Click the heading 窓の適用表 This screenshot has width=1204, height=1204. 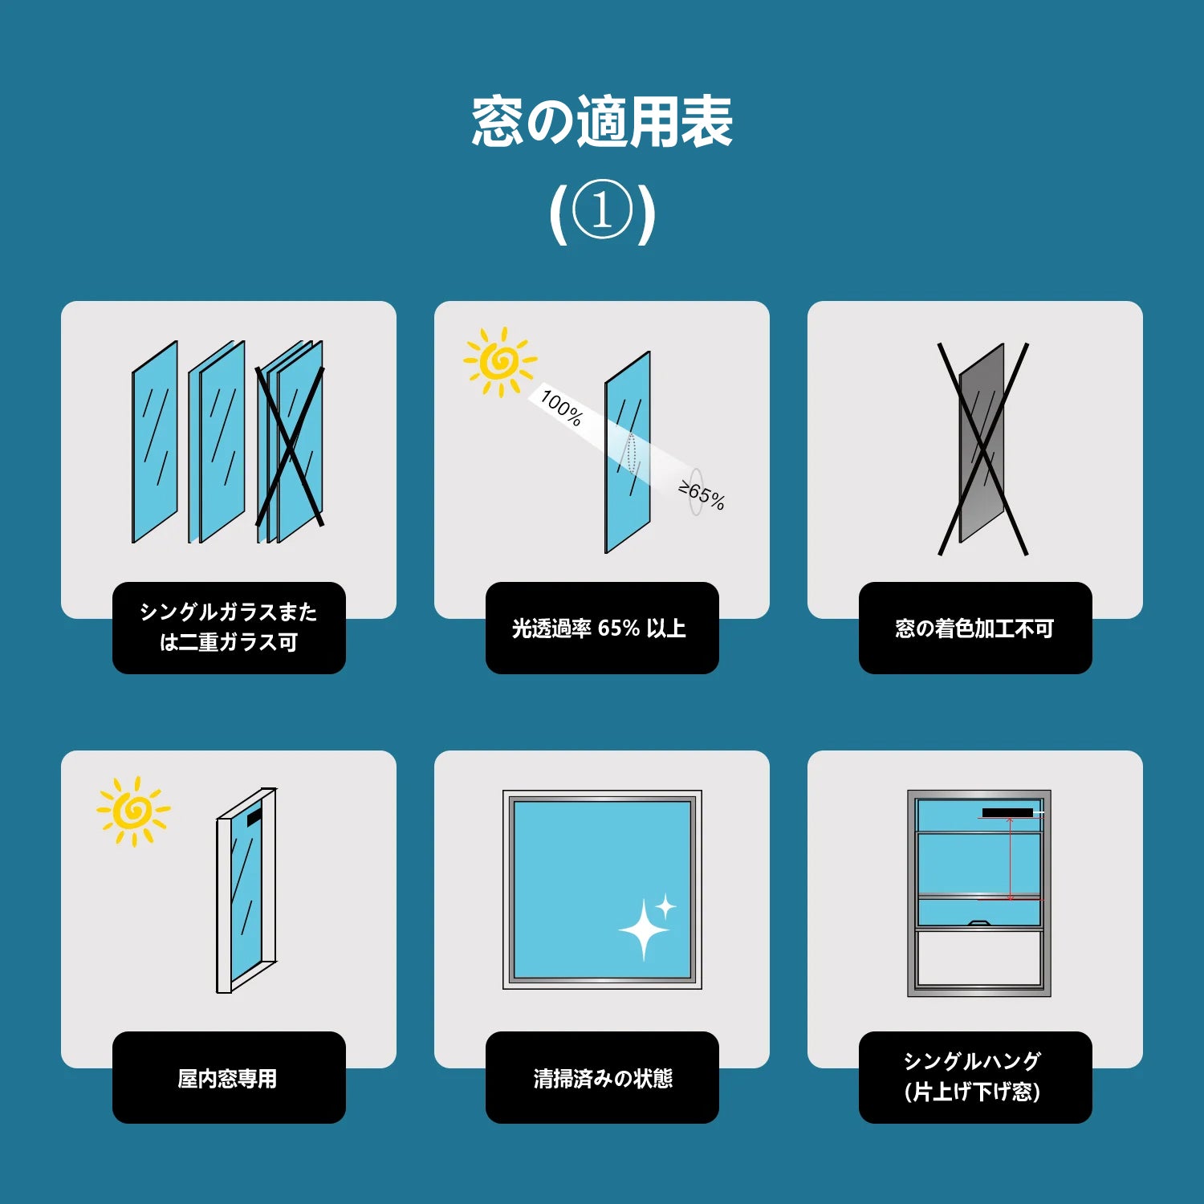point(602,122)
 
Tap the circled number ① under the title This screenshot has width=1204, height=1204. point(602,210)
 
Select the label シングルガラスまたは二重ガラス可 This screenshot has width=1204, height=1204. point(229,627)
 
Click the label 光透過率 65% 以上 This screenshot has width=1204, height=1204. point(600,628)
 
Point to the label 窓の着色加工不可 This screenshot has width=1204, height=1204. point(974,628)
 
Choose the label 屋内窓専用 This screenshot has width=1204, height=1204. point(228,1078)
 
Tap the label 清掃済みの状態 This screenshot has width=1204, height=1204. point(603,1078)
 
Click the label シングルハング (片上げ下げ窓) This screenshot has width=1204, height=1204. point(973,1076)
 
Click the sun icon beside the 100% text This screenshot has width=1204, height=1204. point(500,362)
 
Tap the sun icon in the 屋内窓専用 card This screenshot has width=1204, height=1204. point(133,811)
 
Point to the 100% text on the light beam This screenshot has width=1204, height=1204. point(561,407)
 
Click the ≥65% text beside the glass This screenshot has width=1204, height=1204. point(702,495)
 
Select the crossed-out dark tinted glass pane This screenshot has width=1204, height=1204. point(982,443)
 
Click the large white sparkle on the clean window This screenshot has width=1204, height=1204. point(643,929)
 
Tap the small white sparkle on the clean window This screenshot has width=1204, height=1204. point(665,907)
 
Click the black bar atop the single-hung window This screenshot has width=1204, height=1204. point(1007,813)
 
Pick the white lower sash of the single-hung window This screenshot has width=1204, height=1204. point(979,958)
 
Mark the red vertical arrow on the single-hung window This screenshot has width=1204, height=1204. point(1010,858)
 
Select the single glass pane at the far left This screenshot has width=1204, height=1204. point(155,442)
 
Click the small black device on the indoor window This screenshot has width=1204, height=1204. point(254,817)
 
